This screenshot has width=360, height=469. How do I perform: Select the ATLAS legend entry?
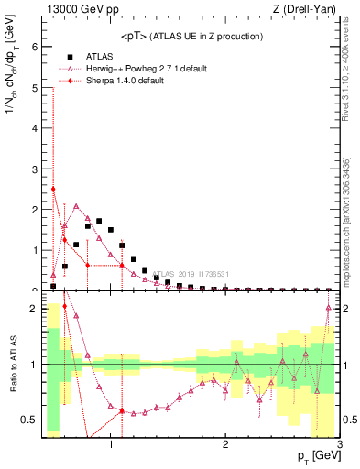100,56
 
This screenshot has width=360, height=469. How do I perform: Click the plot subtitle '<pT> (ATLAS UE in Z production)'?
191,36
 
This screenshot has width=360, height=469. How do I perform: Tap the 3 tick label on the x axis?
340,444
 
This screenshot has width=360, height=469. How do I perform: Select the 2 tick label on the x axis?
225,444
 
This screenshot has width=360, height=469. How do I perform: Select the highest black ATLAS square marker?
99,221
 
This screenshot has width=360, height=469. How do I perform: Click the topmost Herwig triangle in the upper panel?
76,206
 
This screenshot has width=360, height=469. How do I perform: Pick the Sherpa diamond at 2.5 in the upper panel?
54,190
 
